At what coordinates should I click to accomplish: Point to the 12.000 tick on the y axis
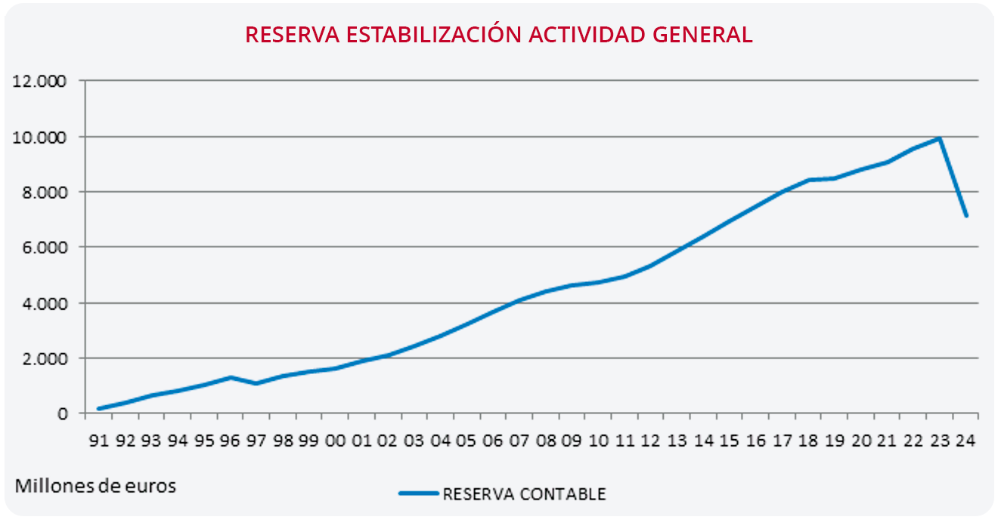click(x=41, y=81)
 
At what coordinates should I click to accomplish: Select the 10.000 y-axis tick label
click(x=41, y=137)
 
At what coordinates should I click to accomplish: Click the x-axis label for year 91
click(x=100, y=441)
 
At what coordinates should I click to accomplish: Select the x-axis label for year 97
click(x=257, y=441)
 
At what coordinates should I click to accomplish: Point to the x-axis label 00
click(x=335, y=441)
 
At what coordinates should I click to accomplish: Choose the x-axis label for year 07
click(x=518, y=441)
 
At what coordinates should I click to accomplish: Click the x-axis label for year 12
click(x=649, y=441)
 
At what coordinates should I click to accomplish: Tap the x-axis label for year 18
click(x=807, y=441)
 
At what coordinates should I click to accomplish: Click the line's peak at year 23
click(x=939, y=138)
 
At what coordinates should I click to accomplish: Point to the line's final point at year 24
click(x=965, y=216)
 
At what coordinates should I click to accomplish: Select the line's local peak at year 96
click(x=231, y=377)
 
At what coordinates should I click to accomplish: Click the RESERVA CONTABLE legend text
click(x=524, y=494)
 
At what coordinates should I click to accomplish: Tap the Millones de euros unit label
click(x=95, y=486)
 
